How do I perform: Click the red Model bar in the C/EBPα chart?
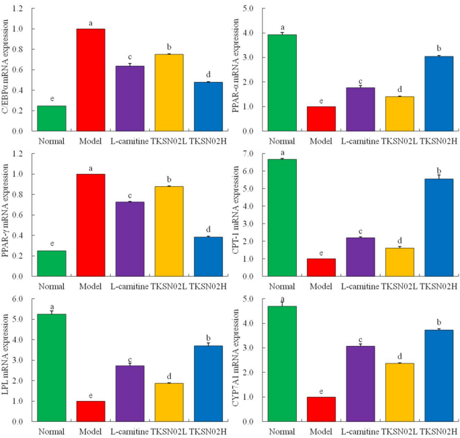pyautogui.click(x=91, y=80)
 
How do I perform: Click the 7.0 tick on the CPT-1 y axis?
pyautogui.click(x=253, y=154)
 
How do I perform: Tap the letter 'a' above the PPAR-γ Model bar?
pyautogui.click(x=91, y=168)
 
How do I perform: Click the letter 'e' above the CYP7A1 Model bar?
pyautogui.click(x=321, y=390)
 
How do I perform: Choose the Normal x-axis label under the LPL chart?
pyautogui.click(x=52, y=430)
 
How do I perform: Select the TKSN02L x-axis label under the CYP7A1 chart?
pyautogui.click(x=399, y=430)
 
